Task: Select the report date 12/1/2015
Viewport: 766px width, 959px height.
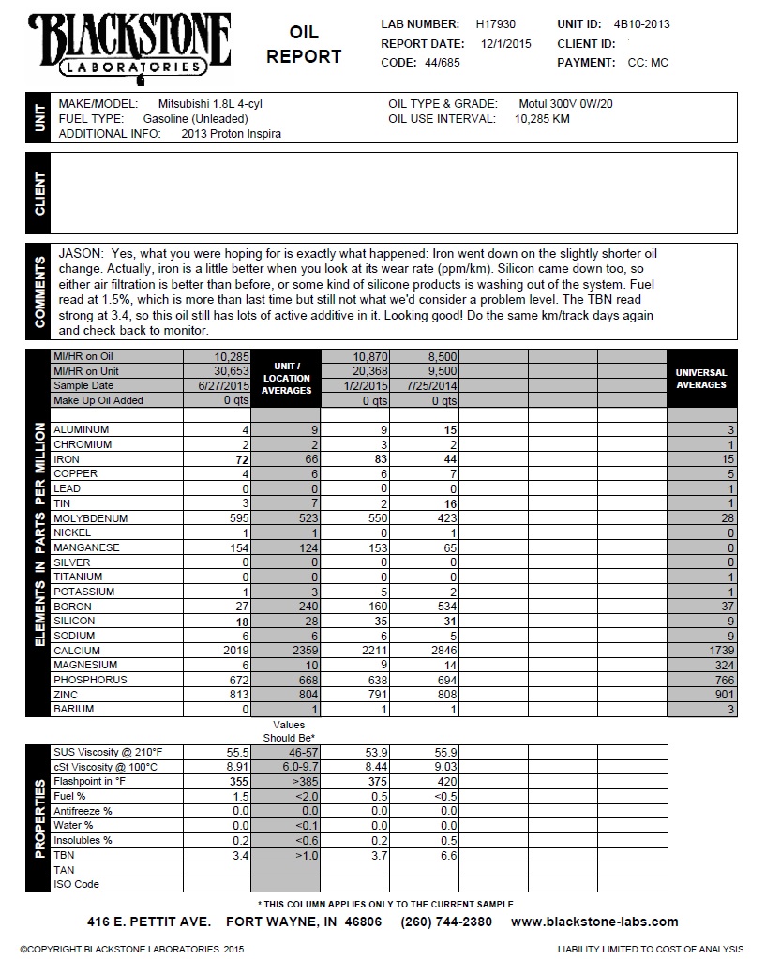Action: click(x=506, y=43)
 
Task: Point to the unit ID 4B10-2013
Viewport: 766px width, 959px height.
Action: click(x=641, y=24)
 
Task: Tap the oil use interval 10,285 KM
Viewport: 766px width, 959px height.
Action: click(x=543, y=119)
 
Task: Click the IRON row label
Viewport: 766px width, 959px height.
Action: click(x=67, y=459)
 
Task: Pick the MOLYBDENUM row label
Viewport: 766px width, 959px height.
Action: click(x=90, y=518)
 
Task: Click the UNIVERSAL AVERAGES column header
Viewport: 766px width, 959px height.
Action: click(x=701, y=379)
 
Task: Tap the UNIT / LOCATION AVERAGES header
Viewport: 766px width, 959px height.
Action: click(x=285, y=378)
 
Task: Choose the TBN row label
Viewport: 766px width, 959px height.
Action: click(x=64, y=855)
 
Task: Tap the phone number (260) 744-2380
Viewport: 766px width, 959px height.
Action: click(x=446, y=922)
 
